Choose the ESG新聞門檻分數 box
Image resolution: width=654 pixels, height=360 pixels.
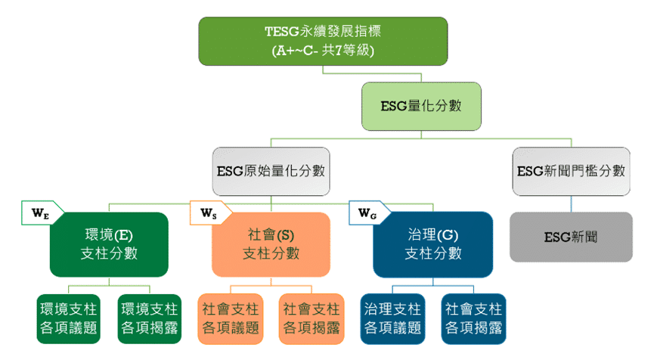[x=571, y=171]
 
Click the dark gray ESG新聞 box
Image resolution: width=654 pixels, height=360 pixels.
[x=571, y=237]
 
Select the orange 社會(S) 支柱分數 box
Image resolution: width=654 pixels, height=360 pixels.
[x=271, y=244]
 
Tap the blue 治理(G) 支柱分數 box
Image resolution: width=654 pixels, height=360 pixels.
[x=433, y=244]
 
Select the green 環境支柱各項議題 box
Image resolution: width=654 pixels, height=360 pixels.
[x=68, y=318]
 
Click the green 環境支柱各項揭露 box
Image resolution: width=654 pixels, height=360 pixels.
[x=150, y=318]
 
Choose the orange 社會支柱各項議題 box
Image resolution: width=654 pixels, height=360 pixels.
[x=231, y=318]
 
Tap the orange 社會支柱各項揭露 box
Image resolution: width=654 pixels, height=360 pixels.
[x=312, y=318]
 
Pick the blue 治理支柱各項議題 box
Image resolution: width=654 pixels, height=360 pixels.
[x=392, y=318]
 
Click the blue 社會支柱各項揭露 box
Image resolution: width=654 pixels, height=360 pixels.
[x=473, y=318]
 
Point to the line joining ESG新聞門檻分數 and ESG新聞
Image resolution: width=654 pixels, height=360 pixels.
[x=571, y=204]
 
